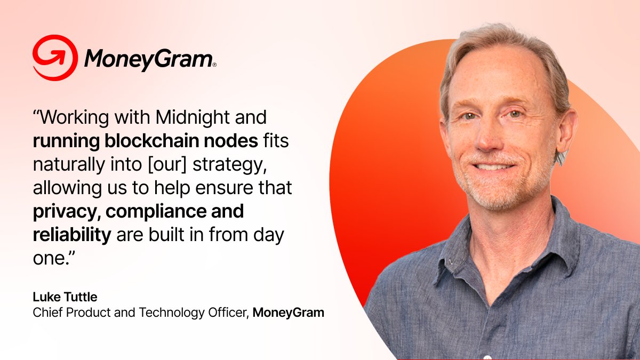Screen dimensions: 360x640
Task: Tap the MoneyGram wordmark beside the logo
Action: click(148, 59)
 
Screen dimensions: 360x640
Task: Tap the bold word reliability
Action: click(71, 235)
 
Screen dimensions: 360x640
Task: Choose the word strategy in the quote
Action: click(229, 165)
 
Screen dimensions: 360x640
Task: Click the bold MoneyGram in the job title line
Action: click(288, 313)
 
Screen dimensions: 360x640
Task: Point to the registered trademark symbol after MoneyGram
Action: click(214, 65)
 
